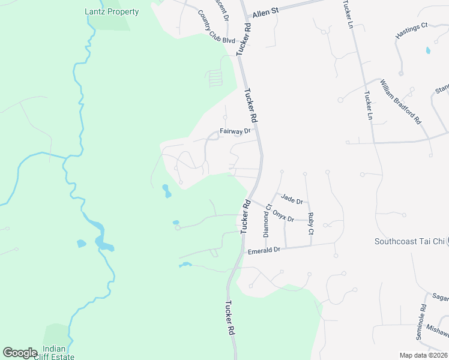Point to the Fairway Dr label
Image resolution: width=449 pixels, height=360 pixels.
click(x=235, y=131)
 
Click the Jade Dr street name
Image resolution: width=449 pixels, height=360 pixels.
click(x=292, y=199)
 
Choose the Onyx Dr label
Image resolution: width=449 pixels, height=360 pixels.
click(x=283, y=215)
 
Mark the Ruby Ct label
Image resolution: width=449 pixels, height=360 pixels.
click(x=310, y=223)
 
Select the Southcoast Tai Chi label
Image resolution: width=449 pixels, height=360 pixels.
click(x=409, y=241)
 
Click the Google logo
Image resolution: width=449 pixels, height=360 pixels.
click(x=20, y=353)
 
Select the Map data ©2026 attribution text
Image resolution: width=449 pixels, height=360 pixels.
click(x=423, y=355)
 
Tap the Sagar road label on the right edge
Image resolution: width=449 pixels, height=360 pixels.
click(x=440, y=297)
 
